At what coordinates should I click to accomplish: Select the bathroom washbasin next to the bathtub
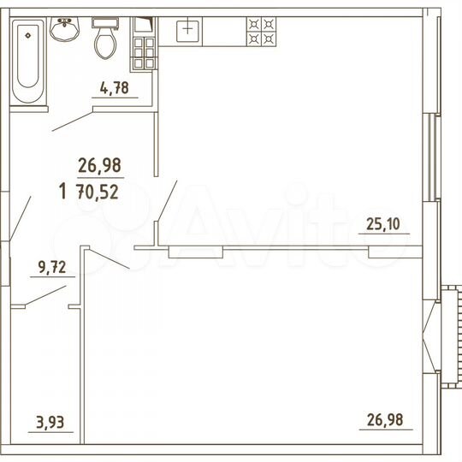click(x=63, y=31)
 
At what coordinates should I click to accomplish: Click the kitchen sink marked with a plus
click(x=187, y=31)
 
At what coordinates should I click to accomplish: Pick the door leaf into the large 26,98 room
click(x=110, y=259)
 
